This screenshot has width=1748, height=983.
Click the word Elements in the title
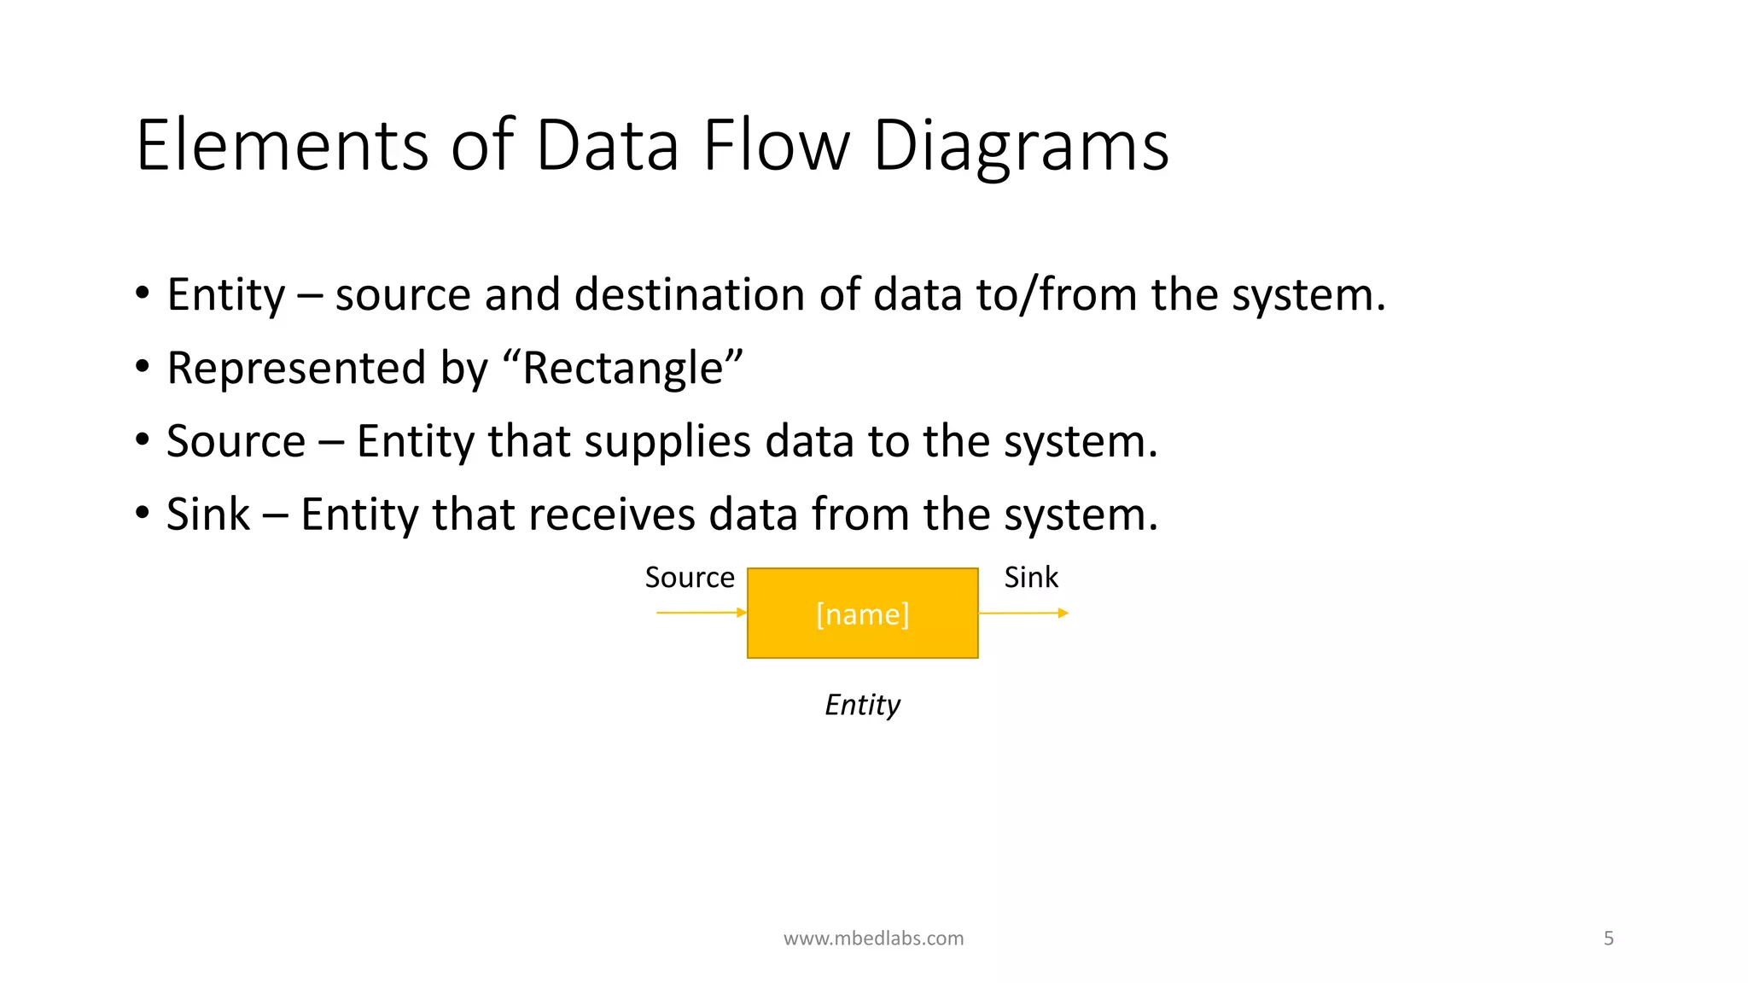[x=282, y=146]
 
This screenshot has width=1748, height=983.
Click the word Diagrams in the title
[x=1020, y=146]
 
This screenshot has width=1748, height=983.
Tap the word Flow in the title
[x=776, y=146]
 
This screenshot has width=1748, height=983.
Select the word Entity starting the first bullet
[x=225, y=295]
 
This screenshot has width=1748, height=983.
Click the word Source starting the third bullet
[x=236, y=442]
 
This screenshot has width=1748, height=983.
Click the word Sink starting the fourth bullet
[x=207, y=515]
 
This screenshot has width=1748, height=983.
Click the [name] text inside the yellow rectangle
[x=862, y=614]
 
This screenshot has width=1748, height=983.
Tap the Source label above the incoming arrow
[x=689, y=578]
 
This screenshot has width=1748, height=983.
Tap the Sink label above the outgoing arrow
[x=1030, y=578]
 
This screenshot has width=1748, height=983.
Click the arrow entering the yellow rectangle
[x=701, y=613]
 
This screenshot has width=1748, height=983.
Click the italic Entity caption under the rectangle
[x=862, y=705]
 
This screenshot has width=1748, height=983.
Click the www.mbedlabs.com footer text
[x=873, y=939]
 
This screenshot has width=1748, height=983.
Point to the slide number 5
[x=1608, y=939]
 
